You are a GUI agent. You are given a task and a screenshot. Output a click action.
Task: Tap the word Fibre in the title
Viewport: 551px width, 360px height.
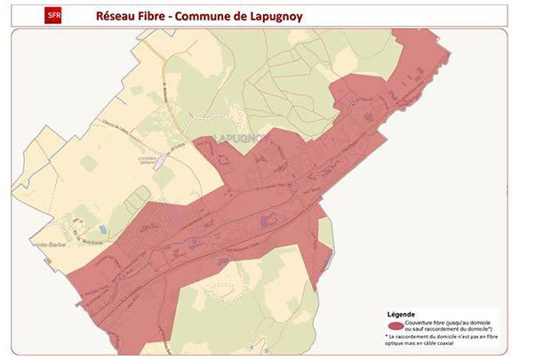154,16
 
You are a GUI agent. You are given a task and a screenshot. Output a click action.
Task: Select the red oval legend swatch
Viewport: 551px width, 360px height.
395,326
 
